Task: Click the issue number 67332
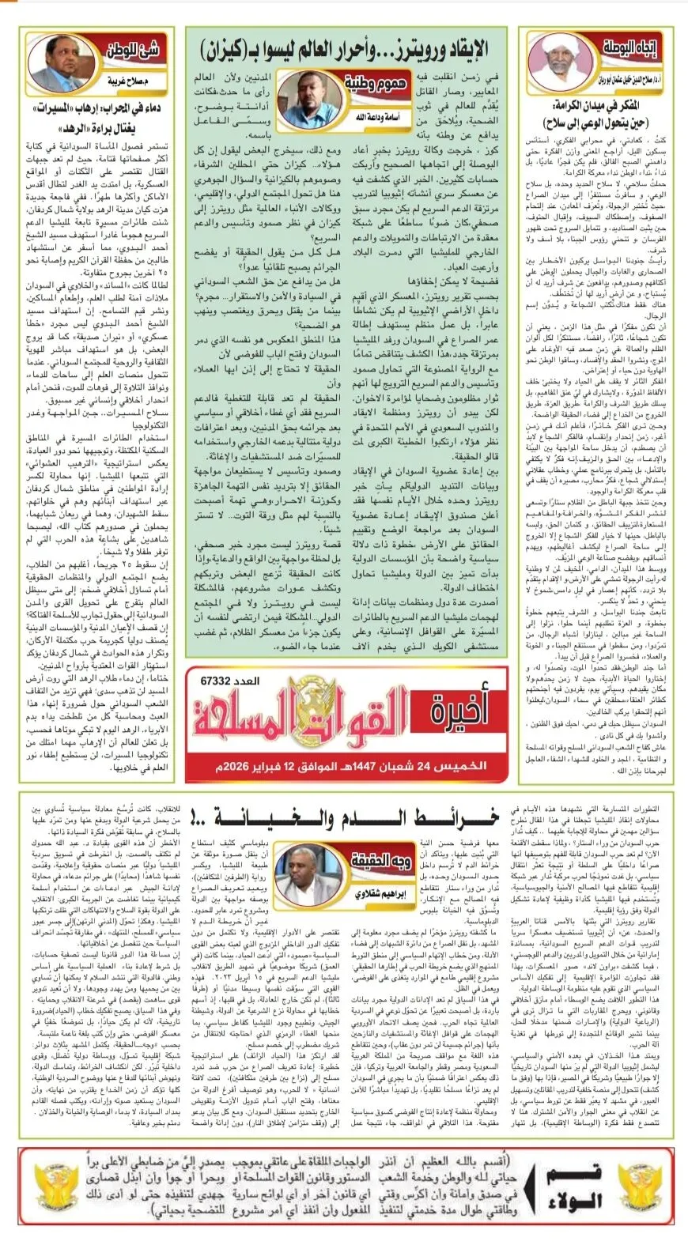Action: [x=216, y=681]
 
